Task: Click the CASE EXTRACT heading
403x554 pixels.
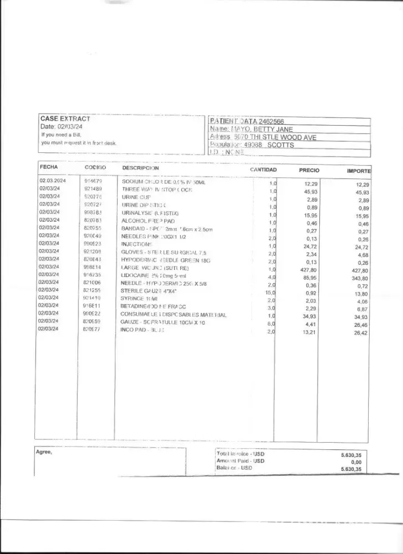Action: [x=65, y=119]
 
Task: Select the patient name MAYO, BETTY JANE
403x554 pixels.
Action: [x=262, y=130]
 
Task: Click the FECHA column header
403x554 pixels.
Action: [x=49, y=167]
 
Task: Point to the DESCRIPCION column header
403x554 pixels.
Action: [x=140, y=168]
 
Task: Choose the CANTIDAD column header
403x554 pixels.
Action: [x=263, y=170]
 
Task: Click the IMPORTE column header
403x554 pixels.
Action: [x=359, y=171]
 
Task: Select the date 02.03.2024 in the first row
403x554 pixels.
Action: [x=53, y=181]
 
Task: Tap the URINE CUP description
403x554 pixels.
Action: [x=132, y=197]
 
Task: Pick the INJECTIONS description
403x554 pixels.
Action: [x=136, y=244]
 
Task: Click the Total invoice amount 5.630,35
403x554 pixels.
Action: [x=351, y=454]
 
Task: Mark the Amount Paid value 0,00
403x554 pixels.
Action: [x=356, y=461]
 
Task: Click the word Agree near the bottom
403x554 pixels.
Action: [x=44, y=452]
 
